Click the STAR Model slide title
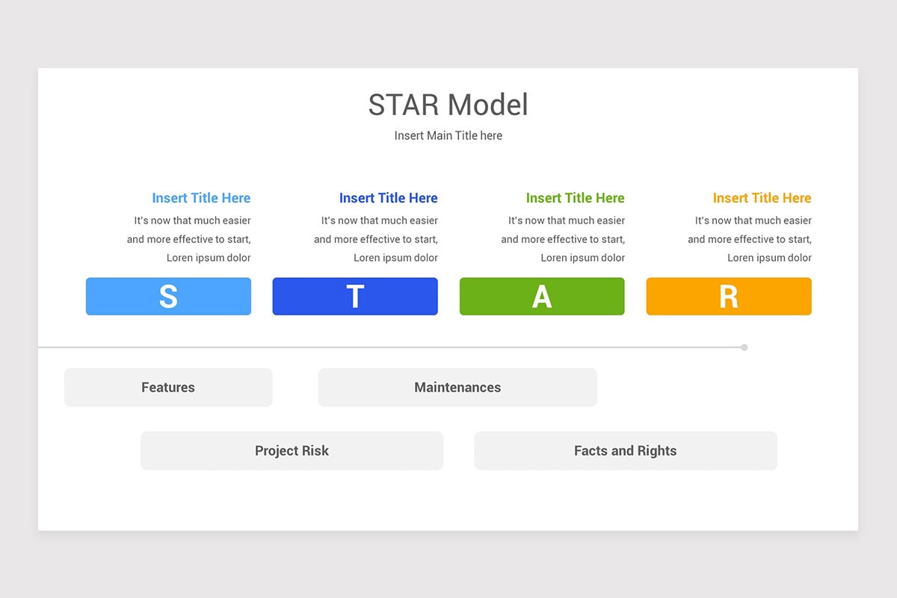[x=448, y=105]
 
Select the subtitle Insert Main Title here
[x=448, y=135]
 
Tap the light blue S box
[x=168, y=296]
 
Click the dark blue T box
[x=355, y=296]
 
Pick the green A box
[x=542, y=296]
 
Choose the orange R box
[x=729, y=296]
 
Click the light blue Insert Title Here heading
[x=201, y=198]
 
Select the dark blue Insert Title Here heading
[x=388, y=198]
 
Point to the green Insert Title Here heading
[x=575, y=198]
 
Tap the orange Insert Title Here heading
[x=762, y=198]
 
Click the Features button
[x=168, y=387]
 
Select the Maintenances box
[x=457, y=387]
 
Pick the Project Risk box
[x=292, y=451]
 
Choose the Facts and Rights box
[x=625, y=451]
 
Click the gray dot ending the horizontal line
[x=745, y=347]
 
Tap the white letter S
[x=168, y=297]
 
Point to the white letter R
[x=729, y=297]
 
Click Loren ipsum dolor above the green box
[x=582, y=258]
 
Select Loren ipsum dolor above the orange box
[x=769, y=258]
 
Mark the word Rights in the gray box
[x=658, y=451]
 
